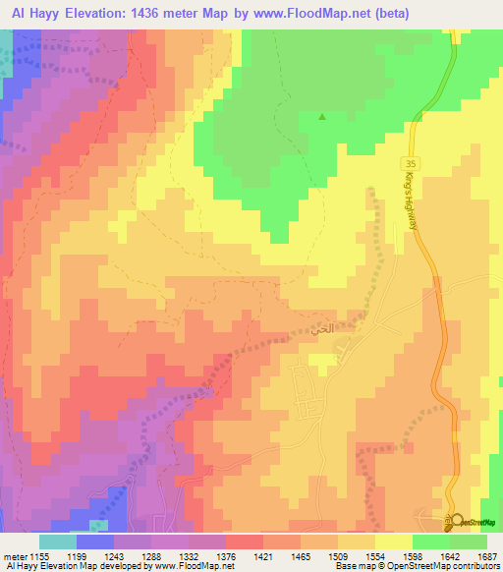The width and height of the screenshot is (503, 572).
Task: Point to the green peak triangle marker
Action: point(322,117)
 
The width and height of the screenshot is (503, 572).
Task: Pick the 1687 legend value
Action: point(486,557)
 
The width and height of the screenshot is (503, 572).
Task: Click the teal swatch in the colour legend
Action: point(57,542)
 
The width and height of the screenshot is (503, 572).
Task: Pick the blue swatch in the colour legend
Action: point(94,542)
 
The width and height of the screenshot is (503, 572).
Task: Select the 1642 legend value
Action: point(462,557)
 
